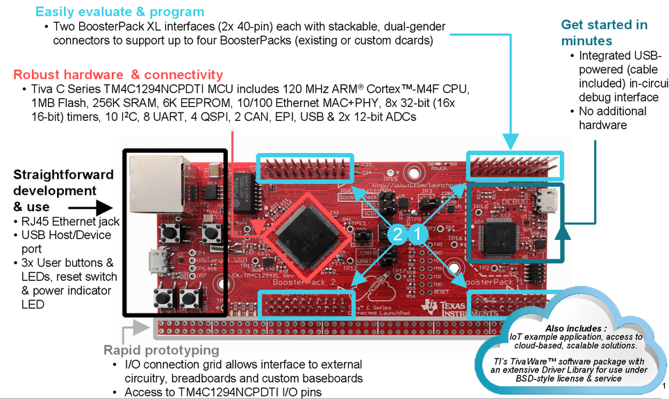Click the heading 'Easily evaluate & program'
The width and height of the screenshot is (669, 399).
tap(119, 12)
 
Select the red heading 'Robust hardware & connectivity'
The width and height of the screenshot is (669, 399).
tap(118, 74)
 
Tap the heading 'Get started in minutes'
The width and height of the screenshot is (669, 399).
tap(604, 33)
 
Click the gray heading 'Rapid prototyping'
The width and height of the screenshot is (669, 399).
tap(161, 350)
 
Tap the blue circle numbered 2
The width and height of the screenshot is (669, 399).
tap(397, 236)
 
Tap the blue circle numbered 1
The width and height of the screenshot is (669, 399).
tap(418, 236)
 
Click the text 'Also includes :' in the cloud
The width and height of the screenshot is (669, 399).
tap(575, 327)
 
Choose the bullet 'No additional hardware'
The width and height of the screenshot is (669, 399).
tap(603, 118)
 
